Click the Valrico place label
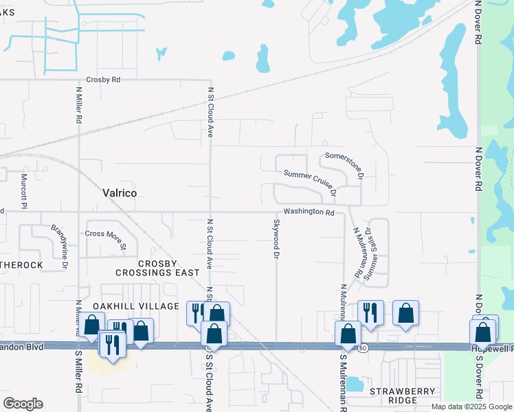pyautogui.click(x=119, y=194)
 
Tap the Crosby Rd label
pyautogui.click(x=103, y=80)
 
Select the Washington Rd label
pyautogui.click(x=309, y=212)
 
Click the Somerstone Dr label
pyautogui.click(x=344, y=161)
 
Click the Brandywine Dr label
pyautogui.click(x=59, y=246)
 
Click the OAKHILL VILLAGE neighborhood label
pyautogui.click(x=128, y=304)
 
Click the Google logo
pyautogui.click(x=23, y=404)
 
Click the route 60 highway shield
pyautogui.click(x=361, y=348)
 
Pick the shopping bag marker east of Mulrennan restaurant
pyautogui.click(x=406, y=313)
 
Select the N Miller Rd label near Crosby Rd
pyautogui.click(x=79, y=104)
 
